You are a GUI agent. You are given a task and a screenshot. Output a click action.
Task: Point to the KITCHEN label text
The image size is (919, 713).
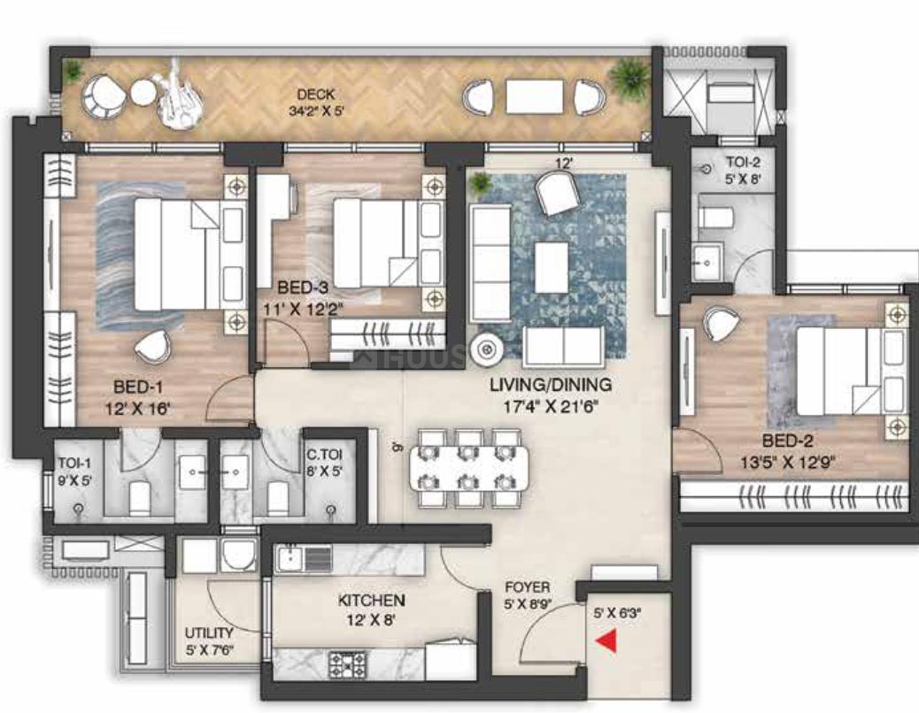(371, 601)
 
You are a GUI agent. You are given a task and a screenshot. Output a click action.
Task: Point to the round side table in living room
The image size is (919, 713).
(486, 350)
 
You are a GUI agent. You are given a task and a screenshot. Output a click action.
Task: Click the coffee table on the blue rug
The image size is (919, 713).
(552, 266)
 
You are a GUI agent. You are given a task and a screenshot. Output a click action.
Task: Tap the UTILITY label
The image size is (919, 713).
(209, 633)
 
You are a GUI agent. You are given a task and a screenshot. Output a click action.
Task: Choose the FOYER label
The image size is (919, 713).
(527, 587)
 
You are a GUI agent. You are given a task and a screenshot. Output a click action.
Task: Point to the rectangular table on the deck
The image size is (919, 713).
(534, 96)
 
